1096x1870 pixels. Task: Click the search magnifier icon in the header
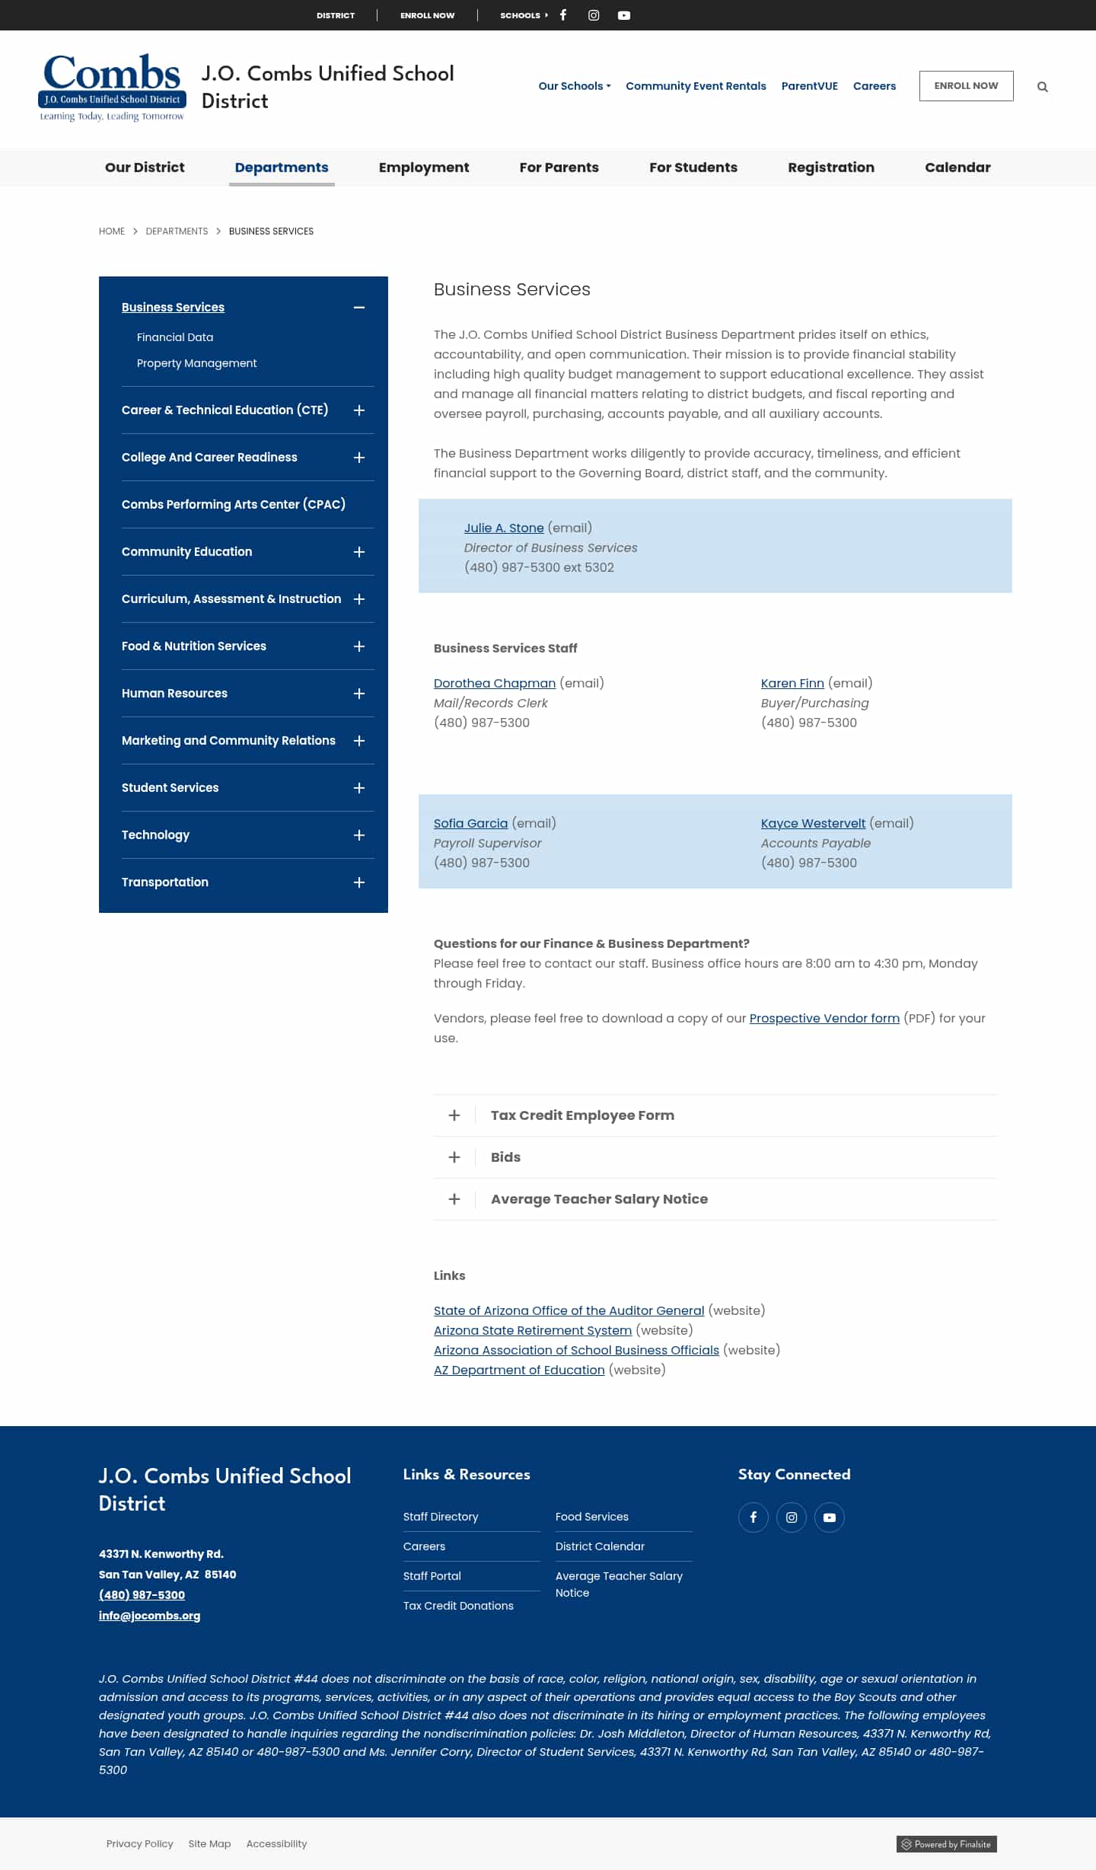[1043, 87]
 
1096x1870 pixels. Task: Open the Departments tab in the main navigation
[282, 168]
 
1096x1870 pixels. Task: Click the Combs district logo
[112, 87]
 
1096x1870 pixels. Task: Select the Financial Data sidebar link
[175, 337]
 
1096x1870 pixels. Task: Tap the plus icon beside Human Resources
[359, 694]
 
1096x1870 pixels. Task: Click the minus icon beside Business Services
[359, 308]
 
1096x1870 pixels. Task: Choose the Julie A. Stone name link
[504, 528]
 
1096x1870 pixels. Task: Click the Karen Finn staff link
[792, 683]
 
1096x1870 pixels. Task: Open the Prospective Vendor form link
[824, 1018]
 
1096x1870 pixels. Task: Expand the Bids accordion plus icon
[454, 1157]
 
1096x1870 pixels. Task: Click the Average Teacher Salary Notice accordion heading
[599, 1199]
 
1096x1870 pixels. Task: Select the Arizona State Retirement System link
[533, 1330]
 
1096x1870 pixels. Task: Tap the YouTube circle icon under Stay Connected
[830, 1517]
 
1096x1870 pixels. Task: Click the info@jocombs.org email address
[149, 1616]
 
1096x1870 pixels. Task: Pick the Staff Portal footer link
[432, 1576]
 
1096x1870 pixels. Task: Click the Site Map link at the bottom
[209, 1843]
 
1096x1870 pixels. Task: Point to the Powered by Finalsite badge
[947, 1844]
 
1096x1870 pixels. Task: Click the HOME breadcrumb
[112, 231]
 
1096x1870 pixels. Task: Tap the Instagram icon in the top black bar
[594, 15]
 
